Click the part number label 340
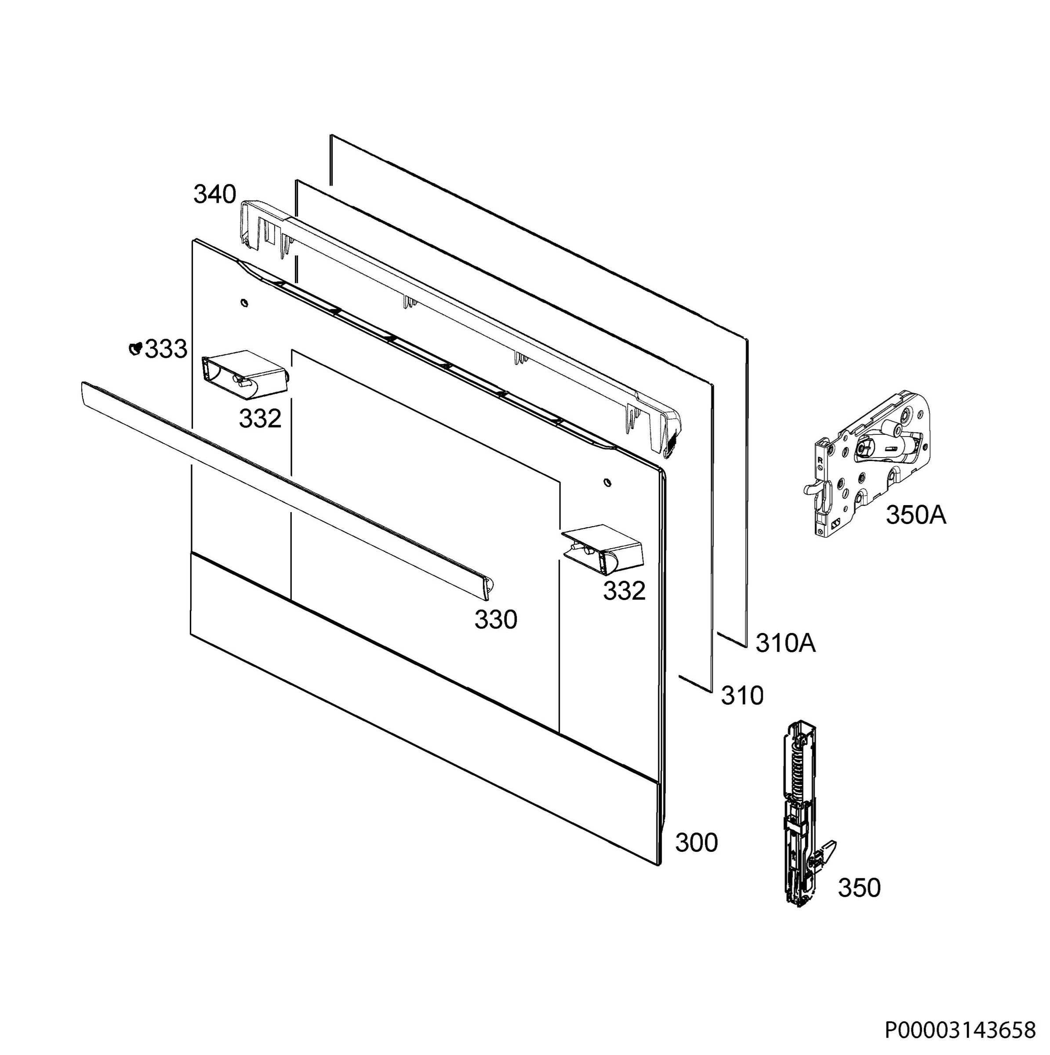[214, 194]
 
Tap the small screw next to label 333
[135, 348]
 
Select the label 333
[166, 349]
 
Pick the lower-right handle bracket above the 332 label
[603, 549]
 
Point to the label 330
[496, 620]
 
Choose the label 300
[696, 843]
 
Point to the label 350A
[916, 515]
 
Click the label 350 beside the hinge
[859, 888]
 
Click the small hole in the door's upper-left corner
[243, 302]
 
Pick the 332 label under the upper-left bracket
[260, 419]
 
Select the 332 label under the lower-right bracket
[624, 591]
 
